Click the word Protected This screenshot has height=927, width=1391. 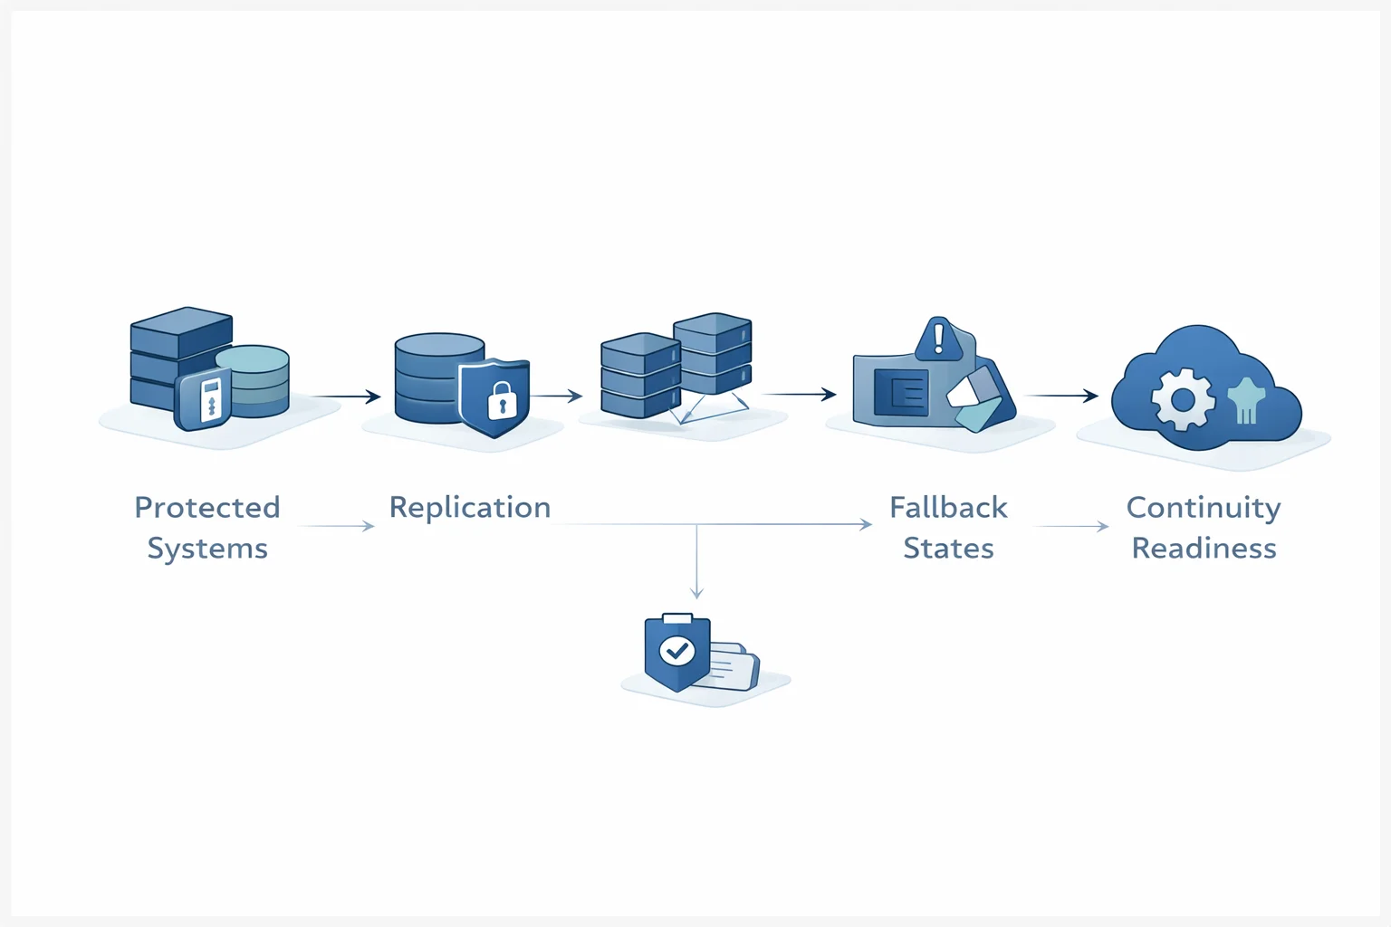coord(207,508)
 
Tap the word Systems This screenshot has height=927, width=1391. coord(207,549)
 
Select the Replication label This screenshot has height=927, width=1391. coord(470,508)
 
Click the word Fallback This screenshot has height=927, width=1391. coord(948,508)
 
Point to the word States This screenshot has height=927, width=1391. coord(948,549)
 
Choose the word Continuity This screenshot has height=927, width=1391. coord(1204,508)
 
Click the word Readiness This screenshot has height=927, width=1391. coord(1204,549)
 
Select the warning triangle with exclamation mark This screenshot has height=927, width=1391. coord(939,340)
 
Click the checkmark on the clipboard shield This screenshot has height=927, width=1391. coord(676,650)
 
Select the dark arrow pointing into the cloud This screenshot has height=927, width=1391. coord(1061,396)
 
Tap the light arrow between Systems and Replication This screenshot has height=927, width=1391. coord(335,526)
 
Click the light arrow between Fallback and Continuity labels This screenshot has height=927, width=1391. coord(1071,526)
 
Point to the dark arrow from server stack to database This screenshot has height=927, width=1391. coord(345,397)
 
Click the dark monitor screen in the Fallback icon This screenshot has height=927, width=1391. coord(901,393)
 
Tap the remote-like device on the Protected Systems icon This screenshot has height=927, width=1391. coord(209,399)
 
